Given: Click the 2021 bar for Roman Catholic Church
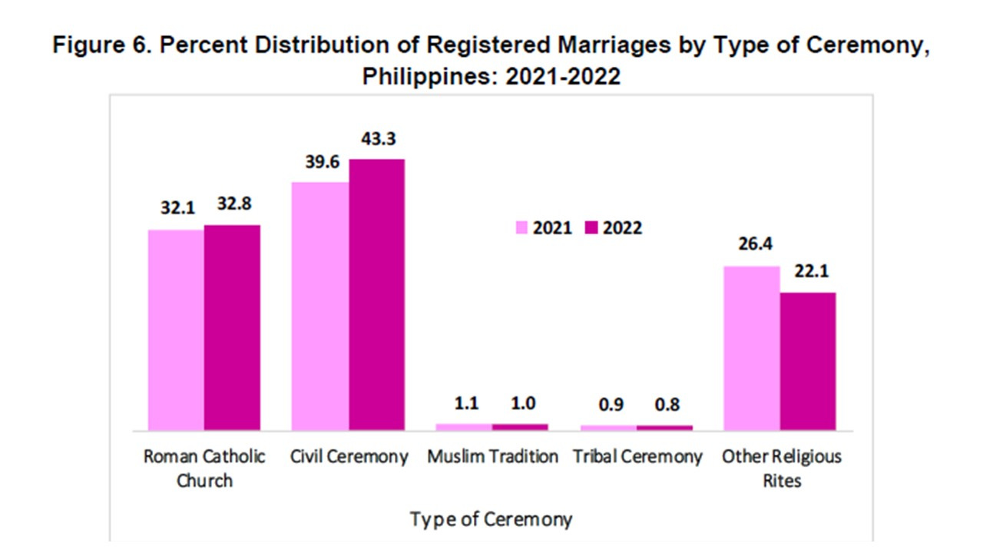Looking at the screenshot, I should pos(176,329).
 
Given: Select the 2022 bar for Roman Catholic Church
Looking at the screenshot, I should pos(232,327).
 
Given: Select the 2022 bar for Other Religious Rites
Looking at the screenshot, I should pos(808,361).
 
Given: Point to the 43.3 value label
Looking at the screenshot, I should pos(376,140).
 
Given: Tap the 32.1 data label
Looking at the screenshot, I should pos(176,209).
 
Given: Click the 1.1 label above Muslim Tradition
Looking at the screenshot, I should pos(463,405).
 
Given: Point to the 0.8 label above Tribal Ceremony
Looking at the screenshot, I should pos(664,405).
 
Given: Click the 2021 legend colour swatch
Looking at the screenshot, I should pos(521,228).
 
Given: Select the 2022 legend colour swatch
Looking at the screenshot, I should pos(591,228).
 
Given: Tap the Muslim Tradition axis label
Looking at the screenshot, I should pos(492,457).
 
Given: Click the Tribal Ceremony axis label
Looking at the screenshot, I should pos(637,457).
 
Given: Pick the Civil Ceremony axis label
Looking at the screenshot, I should pos(349,457).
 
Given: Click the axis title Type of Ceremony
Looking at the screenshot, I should pos(491,519).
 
